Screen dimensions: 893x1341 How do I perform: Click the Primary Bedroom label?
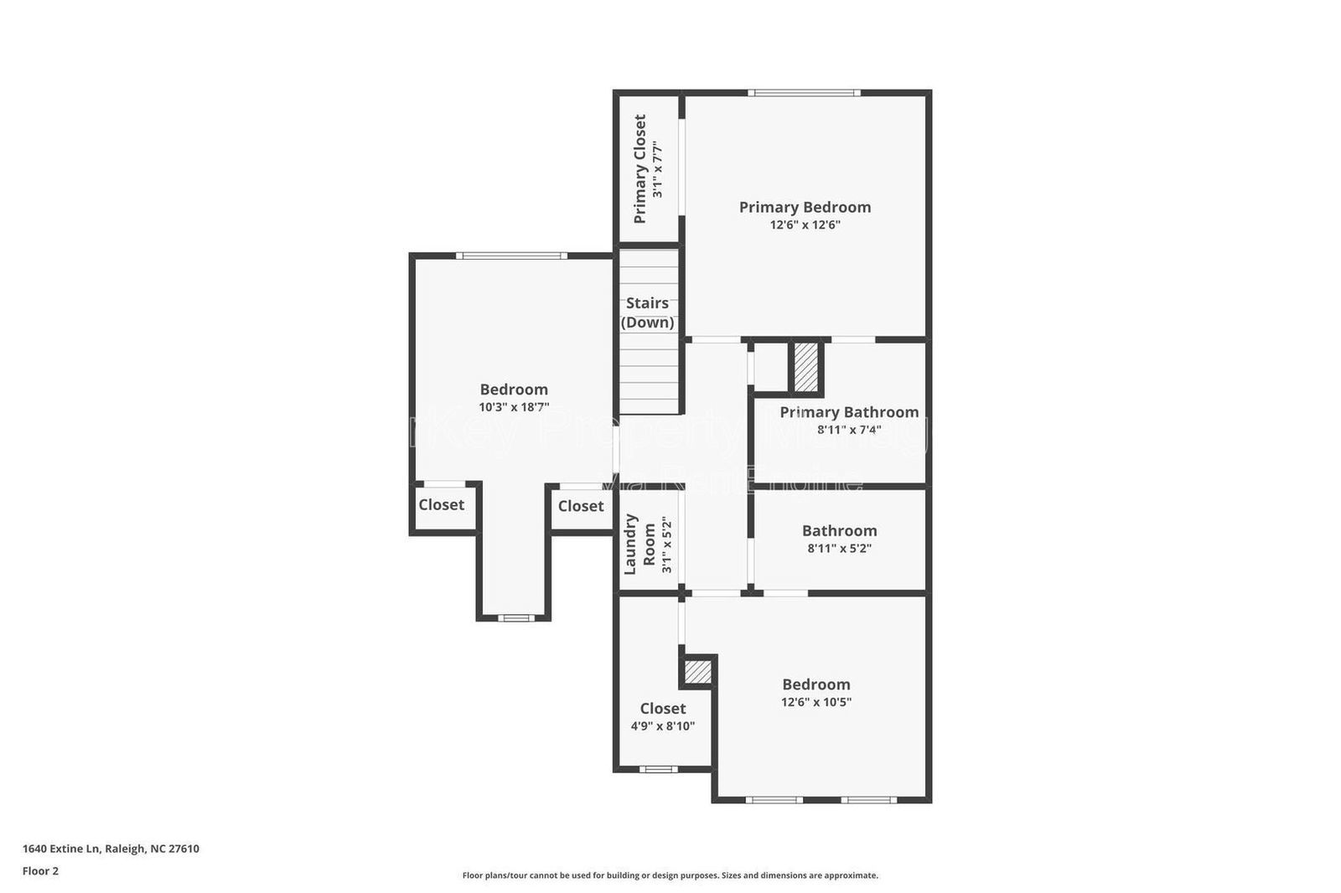(805, 207)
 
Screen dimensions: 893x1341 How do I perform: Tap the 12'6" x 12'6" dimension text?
(805, 225)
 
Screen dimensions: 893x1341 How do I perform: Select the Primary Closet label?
(640, 169)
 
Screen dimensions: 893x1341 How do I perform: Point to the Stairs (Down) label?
(647, 312)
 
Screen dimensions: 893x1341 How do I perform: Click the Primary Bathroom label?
(849, 412)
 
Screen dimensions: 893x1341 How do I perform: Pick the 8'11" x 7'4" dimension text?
(849, 430)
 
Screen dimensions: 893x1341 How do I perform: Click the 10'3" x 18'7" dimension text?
(514, 407)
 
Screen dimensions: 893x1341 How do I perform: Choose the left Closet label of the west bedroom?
(441, 505)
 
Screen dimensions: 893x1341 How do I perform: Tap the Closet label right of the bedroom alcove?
(581, 506)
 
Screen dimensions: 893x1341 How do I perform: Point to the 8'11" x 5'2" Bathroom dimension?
(839, 549)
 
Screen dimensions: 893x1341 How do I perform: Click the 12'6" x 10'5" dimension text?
(816, 702)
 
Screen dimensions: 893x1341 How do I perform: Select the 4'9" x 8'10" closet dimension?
(662, 726)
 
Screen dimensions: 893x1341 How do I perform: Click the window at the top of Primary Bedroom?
(804, 93)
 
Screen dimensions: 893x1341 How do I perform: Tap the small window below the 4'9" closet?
(658, 769)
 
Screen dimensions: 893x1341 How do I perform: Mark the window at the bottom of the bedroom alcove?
(515, 618)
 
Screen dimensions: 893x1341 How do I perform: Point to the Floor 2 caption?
(40, 871)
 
